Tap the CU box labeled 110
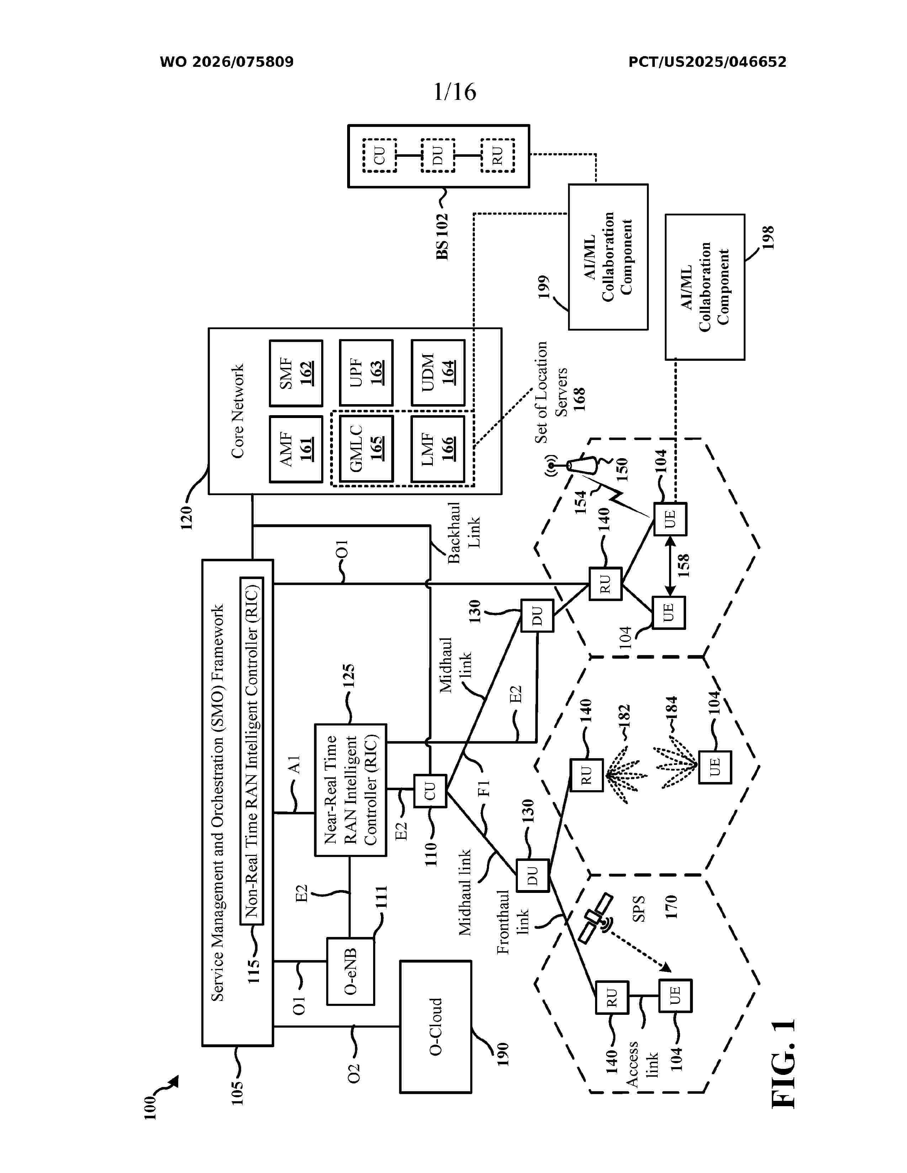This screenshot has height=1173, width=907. [x=430, y=790]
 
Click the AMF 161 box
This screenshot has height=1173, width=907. [x=296, y=449]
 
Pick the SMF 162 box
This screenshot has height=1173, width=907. [x=296, y=373]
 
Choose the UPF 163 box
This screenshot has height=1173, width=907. [x=366, y=373]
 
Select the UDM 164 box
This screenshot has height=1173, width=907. [x=438, y=373]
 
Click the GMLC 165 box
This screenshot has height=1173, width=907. [x=366, y=449]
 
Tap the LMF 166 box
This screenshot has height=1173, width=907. [x=438, y=449]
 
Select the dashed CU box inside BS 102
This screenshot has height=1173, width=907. [x=380, y=156]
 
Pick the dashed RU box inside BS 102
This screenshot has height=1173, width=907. [x=498, y=156]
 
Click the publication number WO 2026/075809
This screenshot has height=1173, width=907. [x=227, y=62]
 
